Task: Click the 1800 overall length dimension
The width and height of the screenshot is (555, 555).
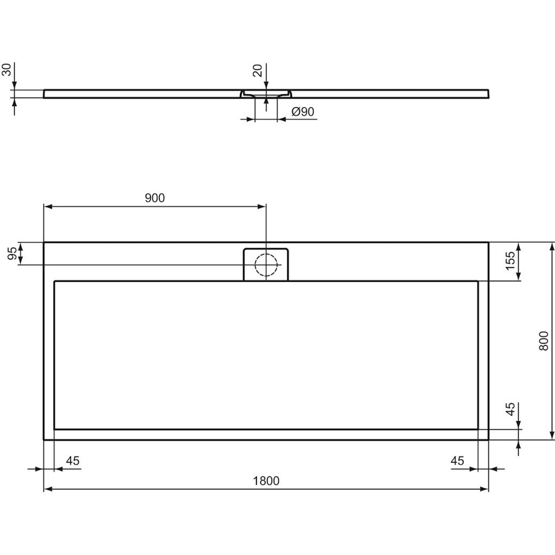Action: pos(266,481)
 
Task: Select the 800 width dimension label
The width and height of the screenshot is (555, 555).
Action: pos(543,341)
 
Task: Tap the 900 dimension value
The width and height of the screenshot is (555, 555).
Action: pos(154,198)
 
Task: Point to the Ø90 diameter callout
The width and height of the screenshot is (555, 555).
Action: pos(303,112)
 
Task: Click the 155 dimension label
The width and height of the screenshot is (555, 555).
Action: pos(510,261)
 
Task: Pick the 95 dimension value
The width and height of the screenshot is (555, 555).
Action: pos(12,253)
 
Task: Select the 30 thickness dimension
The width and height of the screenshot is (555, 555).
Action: pos(7,70)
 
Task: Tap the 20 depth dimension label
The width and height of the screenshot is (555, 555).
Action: pos(258,70)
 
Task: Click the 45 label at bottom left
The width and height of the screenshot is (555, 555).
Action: pos(73,461)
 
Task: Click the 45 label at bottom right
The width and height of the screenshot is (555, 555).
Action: pos(457,461)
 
